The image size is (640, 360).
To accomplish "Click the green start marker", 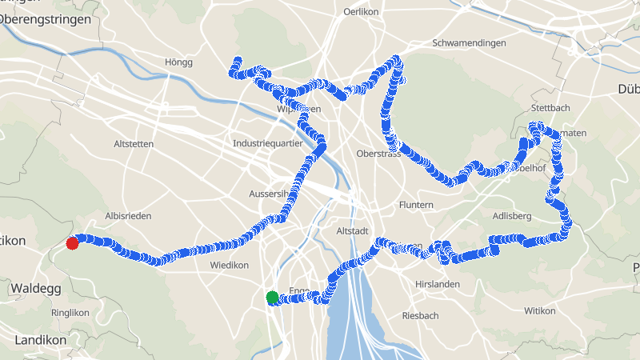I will click(x=272, y=298).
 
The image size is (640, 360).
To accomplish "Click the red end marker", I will click(x=72, y=243).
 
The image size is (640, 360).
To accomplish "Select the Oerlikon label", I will click(x=360, y=12).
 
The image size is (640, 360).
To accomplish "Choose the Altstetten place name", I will click(x=133, y=144).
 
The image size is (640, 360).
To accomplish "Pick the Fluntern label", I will click(x=416, y=205).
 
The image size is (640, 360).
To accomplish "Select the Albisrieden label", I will click(x=128, y=217).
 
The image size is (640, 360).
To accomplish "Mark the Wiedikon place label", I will click(x=229, y=265).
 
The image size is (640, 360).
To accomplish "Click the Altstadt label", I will click(x=352, y=230).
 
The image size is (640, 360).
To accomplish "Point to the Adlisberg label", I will click(x=513, y=216).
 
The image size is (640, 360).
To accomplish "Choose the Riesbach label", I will click(x=420, y=315).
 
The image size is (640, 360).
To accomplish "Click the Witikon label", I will click(x=539, y=310).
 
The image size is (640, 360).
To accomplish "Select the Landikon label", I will click(x=40, y=340).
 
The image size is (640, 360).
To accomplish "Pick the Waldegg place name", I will click(x=32, y=287).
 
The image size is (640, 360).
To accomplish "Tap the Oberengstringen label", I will click(x=44, y=18).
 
